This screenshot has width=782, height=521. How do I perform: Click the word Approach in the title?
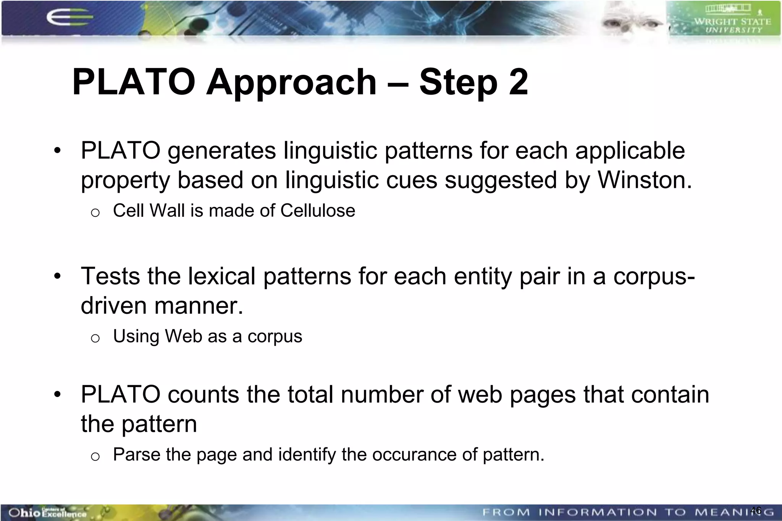(291, 82)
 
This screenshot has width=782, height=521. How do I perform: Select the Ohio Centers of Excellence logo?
(47, 513)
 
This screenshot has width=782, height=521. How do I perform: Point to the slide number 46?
(755, 510)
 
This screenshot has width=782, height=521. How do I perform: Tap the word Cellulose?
(317, 211)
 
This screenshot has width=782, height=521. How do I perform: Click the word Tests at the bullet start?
(111, 276)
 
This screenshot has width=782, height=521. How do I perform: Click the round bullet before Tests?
(57, 276)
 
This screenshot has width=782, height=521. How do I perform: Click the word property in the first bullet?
(125, 181)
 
